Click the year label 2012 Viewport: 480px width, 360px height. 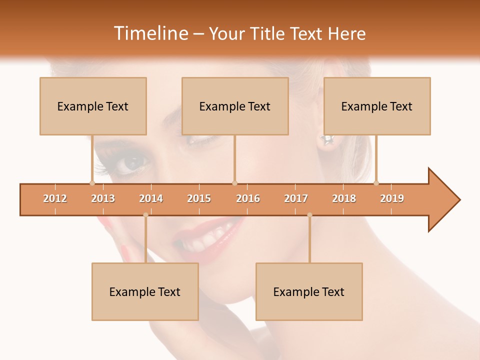tap(55, 199)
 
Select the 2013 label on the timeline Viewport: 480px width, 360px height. tap(103, 199)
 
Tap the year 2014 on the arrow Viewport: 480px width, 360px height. tap(151, 199)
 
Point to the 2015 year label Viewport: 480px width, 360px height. tap(199, 199)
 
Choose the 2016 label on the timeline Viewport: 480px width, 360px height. tap(248, 199)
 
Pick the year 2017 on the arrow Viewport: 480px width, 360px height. tap(296, 199)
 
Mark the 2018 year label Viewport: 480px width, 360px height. tap(344, 199)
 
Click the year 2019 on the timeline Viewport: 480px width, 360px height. tap(392, 199)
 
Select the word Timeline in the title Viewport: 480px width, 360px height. tap(150, 33)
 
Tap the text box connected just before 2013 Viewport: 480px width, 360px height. tap(93, 106)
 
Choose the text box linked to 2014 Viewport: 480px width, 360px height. tap(145, 291)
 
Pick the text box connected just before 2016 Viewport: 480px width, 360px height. tap(235, 106)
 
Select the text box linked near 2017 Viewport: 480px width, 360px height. tap(309, 291)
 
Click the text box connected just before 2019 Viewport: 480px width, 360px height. tap(377, 106)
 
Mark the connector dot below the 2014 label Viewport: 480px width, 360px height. tap(145, 215)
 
